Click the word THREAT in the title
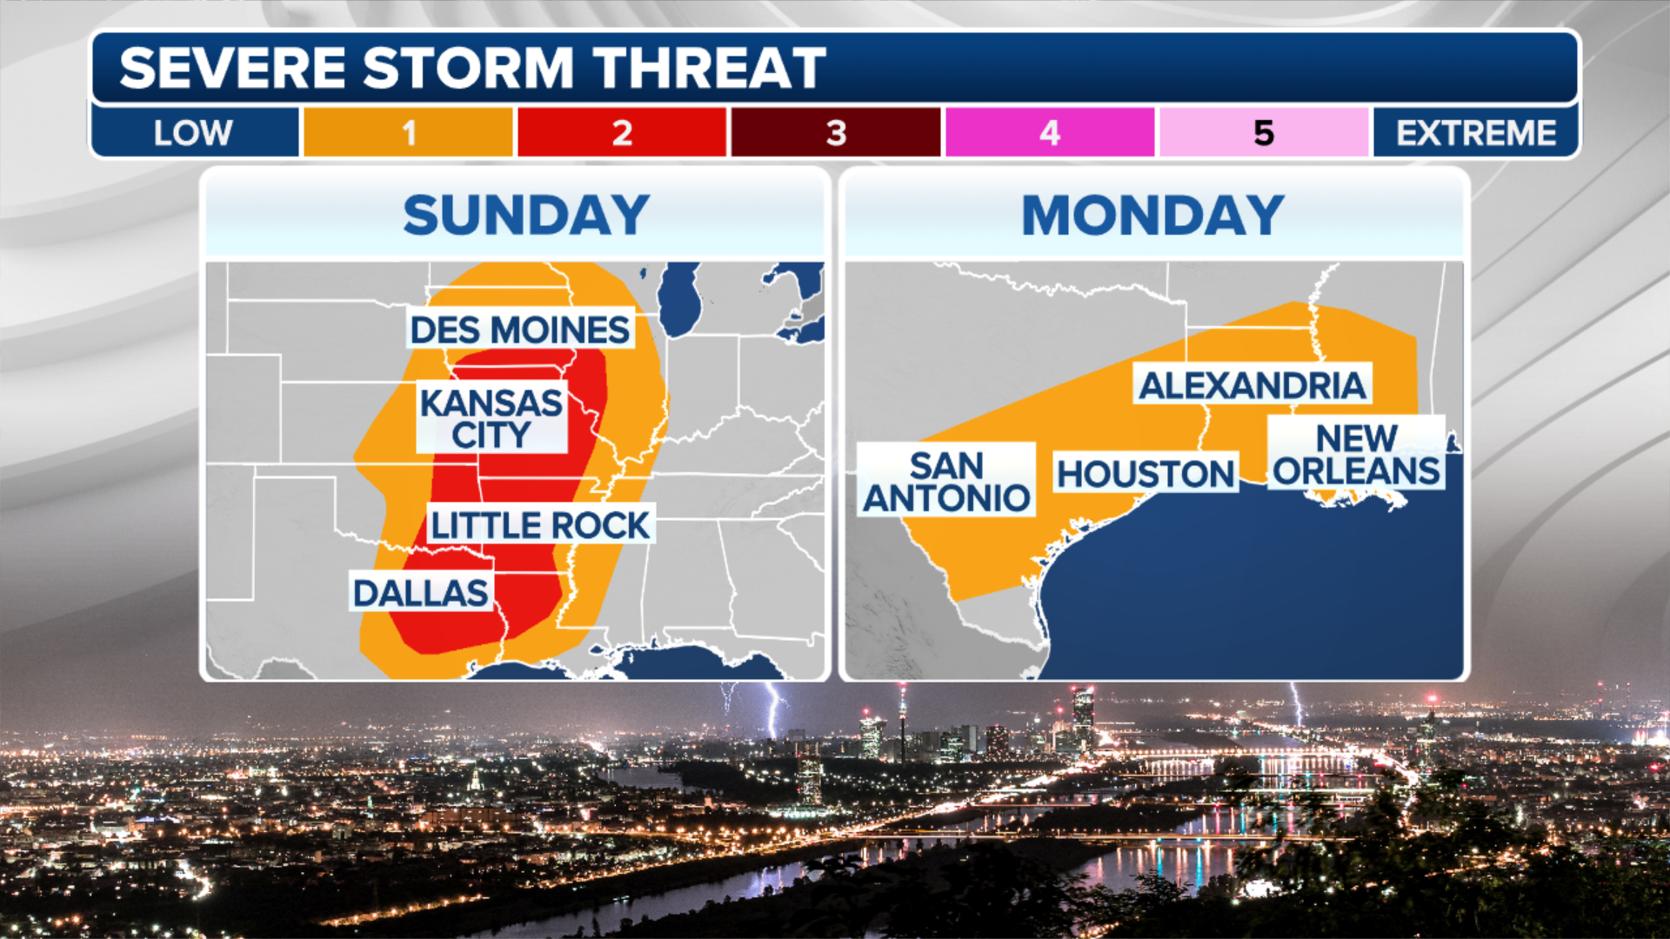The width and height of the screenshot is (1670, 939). point(709,68)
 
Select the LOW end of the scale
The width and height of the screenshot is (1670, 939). point(193,133)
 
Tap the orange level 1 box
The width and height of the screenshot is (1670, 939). point(408,133)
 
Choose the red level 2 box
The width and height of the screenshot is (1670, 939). point(622,133)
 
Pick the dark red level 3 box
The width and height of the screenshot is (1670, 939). point(836,133)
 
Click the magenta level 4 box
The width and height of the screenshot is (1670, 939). point(1050,133)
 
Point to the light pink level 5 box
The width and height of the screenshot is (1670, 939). point(1264,133)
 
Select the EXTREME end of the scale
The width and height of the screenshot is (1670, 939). point(1476,133)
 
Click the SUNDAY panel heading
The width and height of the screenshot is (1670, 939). point(526,215)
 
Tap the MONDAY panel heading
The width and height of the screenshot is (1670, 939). point(1152,215)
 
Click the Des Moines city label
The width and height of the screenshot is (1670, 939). point(520,330)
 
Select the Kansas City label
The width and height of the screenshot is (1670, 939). point(491,418)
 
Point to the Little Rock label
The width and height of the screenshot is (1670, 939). point(540,525)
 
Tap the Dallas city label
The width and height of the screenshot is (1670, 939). point(421,593)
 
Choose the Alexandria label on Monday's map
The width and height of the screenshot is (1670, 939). point(1252,385)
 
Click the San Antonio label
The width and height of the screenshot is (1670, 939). point(946,482)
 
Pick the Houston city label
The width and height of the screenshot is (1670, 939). point(1146,474)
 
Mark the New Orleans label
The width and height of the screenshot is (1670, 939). point(1356,454)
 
